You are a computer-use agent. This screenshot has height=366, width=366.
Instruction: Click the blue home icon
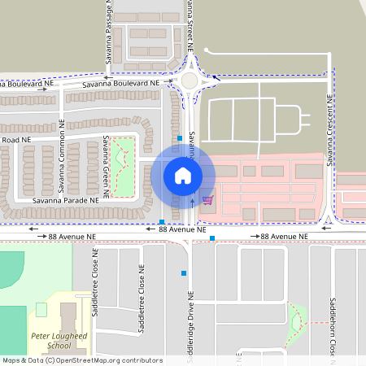[183, 175]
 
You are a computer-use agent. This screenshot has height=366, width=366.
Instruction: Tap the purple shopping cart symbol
[208, 199]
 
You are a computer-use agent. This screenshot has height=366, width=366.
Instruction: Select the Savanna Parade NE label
[66, 199]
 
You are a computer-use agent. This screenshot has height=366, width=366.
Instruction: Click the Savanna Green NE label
[107, 166]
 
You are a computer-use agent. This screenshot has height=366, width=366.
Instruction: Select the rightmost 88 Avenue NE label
[285, 236]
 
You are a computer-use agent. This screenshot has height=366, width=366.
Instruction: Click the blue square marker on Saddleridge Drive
[185, 273]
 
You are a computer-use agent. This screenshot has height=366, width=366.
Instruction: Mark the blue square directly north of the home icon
[180, 138]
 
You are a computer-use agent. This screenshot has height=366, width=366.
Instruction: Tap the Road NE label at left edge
[15, 140]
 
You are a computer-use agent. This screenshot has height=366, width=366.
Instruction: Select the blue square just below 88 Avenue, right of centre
[212, 238]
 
